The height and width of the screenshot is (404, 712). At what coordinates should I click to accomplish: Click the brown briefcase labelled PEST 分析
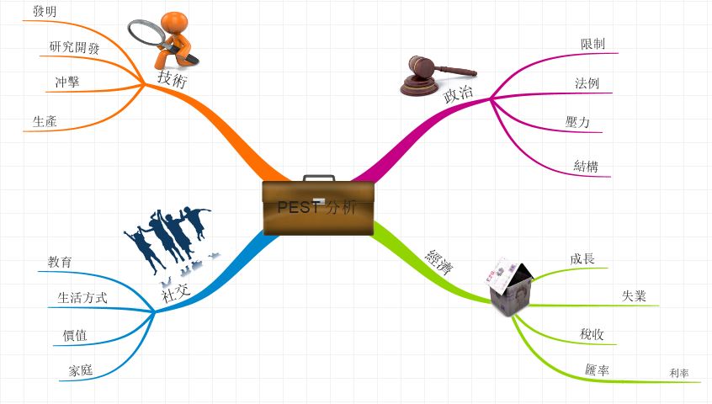317,207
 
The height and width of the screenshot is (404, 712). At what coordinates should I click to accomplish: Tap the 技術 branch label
172,78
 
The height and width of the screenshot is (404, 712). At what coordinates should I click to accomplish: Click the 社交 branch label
175,291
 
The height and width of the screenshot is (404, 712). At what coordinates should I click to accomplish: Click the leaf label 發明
45,11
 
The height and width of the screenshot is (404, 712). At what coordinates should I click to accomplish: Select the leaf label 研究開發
74,48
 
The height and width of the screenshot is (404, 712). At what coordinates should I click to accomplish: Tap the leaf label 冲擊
66,82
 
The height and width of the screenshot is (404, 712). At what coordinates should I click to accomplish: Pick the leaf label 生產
45,121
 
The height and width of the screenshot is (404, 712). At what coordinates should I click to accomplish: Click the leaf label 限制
592,44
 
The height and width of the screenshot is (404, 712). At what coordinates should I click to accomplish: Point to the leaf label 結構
586,166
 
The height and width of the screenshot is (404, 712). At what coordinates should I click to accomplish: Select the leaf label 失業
634,295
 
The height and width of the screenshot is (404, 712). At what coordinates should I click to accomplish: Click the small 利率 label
679,372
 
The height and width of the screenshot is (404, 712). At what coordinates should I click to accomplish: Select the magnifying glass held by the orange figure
149,35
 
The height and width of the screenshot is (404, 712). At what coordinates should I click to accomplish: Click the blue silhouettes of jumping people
167,235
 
